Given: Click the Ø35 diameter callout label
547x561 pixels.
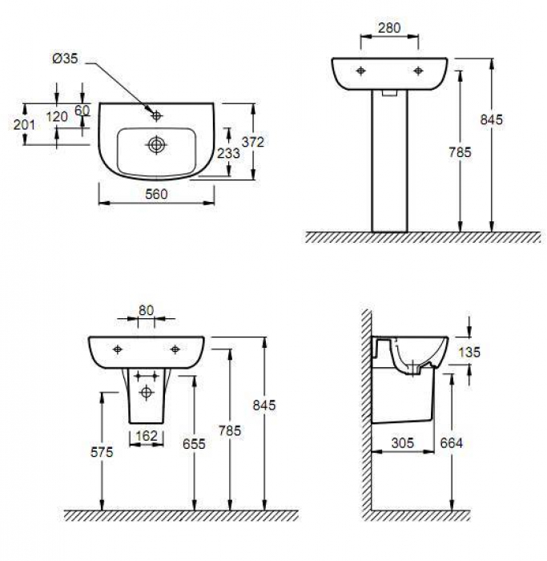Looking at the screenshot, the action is pyautogui.click(x=65, y=59).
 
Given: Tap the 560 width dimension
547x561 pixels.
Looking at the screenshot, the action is pyautogui.click(x=157, y=194).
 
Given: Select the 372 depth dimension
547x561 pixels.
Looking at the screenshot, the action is pyautogui.click(x=253, y=142).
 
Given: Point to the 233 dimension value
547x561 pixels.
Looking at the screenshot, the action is pyautogui.click(x=228, y=153).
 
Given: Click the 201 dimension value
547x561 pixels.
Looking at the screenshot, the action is pyautogui.click(x=24, y=125).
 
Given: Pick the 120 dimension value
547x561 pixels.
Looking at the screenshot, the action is pyautogui.click(x=57, y=117).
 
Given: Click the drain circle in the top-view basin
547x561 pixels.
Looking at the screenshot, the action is pyautogui.click(x=156, y=145).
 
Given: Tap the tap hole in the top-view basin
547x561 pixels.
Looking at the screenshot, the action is pyautogui.click(x=156, y=115).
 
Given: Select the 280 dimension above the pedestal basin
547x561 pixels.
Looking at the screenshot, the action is pyautogui.click(x=389, y=28).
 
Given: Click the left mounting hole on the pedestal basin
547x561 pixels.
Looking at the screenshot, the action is pyautogui.click(x=361, y=71).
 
